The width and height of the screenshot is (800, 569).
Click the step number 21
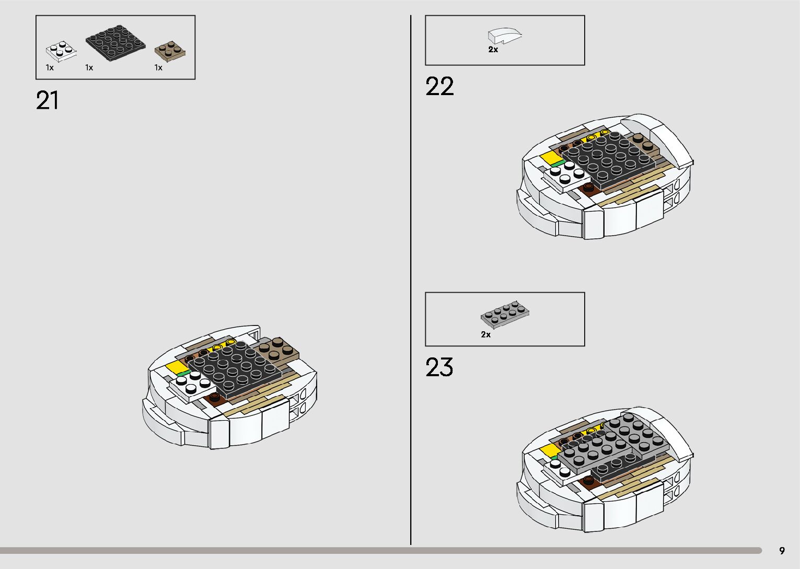point(47,100)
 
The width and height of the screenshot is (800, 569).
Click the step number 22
point(439,87)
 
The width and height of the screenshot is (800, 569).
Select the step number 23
point(439,367)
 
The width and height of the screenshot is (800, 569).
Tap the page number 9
point(782,551)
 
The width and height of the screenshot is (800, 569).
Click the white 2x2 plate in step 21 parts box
point(62,51)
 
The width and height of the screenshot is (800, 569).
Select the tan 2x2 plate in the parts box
point(170,51)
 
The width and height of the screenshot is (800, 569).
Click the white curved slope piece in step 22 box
point(504,36)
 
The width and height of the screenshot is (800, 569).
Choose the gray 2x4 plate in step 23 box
point(505,313)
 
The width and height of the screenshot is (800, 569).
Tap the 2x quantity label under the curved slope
point(493,50)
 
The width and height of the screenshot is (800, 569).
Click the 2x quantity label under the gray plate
point(486,334)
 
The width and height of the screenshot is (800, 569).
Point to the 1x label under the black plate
point(89,67)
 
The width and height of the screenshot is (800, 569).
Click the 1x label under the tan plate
point(158,67)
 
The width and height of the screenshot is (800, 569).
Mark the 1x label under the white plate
point(50,67)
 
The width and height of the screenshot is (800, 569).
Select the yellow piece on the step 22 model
point(550,157)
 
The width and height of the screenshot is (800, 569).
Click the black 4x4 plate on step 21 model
point(234,368)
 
